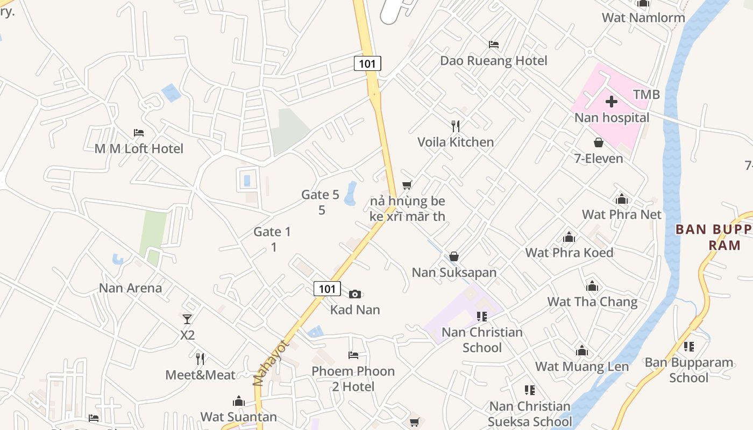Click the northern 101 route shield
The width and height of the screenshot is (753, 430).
coord(367,63)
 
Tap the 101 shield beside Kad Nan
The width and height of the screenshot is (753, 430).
coord(327,289)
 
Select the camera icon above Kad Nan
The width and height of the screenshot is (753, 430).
coord(355,294)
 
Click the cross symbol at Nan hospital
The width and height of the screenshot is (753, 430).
coord(612,101)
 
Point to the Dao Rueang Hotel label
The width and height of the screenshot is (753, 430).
coord(494,61)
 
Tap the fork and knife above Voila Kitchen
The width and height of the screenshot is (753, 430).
coord(456,126)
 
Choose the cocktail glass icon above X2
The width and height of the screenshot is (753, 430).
coord(187,319)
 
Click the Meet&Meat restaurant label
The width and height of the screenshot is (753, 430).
coord(200,375)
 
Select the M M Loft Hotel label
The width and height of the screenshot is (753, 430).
coord(139,148)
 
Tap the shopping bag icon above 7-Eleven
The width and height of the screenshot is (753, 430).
coord(598,142)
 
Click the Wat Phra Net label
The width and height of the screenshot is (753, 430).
coord(622,214)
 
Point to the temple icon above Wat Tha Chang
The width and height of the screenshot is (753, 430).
coord(592,286)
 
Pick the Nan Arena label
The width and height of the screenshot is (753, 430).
coord(130,288)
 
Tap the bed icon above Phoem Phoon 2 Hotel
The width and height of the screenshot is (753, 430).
coord(353,355)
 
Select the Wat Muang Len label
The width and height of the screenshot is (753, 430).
coord(582,367)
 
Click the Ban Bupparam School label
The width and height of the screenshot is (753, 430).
coord(688,370)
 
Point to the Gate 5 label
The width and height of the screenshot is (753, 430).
coord(321,195)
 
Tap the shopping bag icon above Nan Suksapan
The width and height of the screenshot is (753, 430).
coord(454,256)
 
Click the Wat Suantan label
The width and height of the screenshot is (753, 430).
coord(239,417)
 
